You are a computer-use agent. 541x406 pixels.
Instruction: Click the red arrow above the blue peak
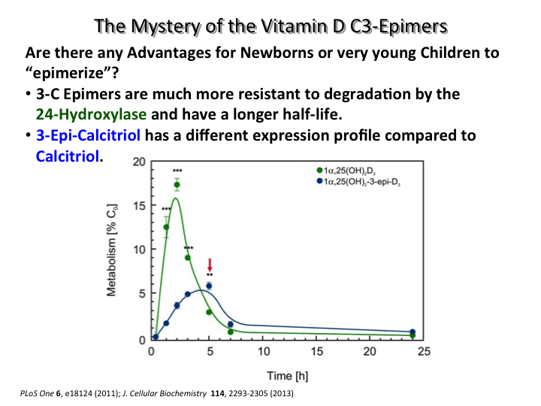(x=210, y=265)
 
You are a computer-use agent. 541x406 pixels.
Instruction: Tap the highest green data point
(x=177, y=185)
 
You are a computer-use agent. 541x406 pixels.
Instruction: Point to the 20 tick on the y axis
(x=139, y=162)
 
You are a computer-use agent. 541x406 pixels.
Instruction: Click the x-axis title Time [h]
(x=286, y=374)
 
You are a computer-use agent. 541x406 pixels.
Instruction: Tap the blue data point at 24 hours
(x=412, y=332)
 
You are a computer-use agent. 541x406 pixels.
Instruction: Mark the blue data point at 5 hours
(x=209, y=286)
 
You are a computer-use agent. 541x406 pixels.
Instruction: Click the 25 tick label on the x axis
(x=423, y=351)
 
